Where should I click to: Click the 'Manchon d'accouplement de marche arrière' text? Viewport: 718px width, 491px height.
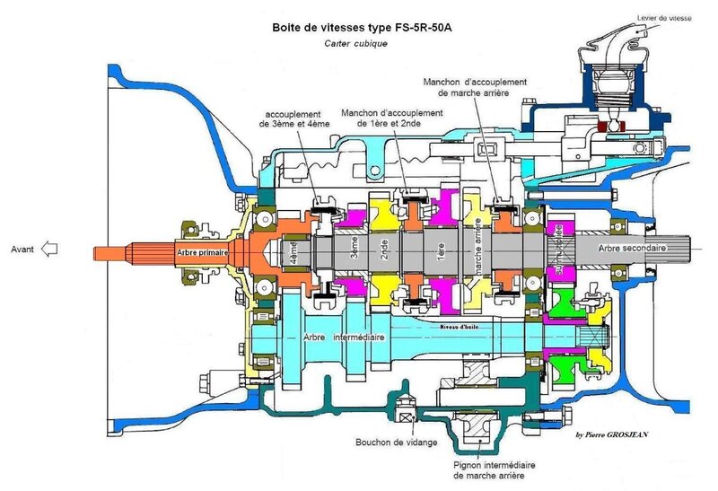pos(475,86)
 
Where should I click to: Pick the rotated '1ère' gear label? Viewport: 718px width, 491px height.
pos(440,250)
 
